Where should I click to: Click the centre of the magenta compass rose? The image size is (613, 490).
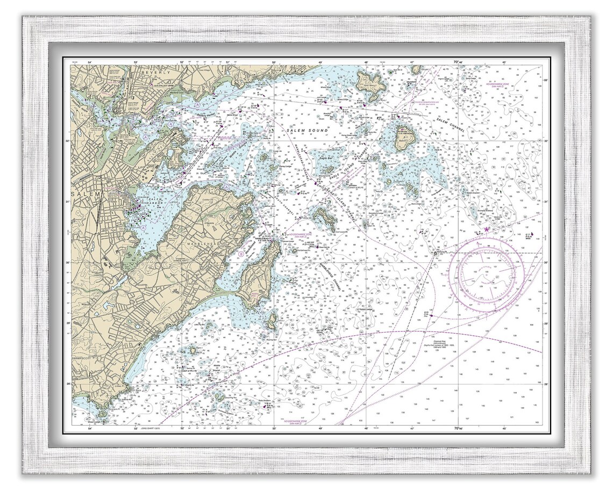coord(487,273)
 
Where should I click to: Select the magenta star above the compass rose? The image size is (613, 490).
coord(487,229)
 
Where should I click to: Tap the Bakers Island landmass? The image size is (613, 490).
coord(403,138)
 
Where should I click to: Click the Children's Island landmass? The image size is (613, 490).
coord(324,217)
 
